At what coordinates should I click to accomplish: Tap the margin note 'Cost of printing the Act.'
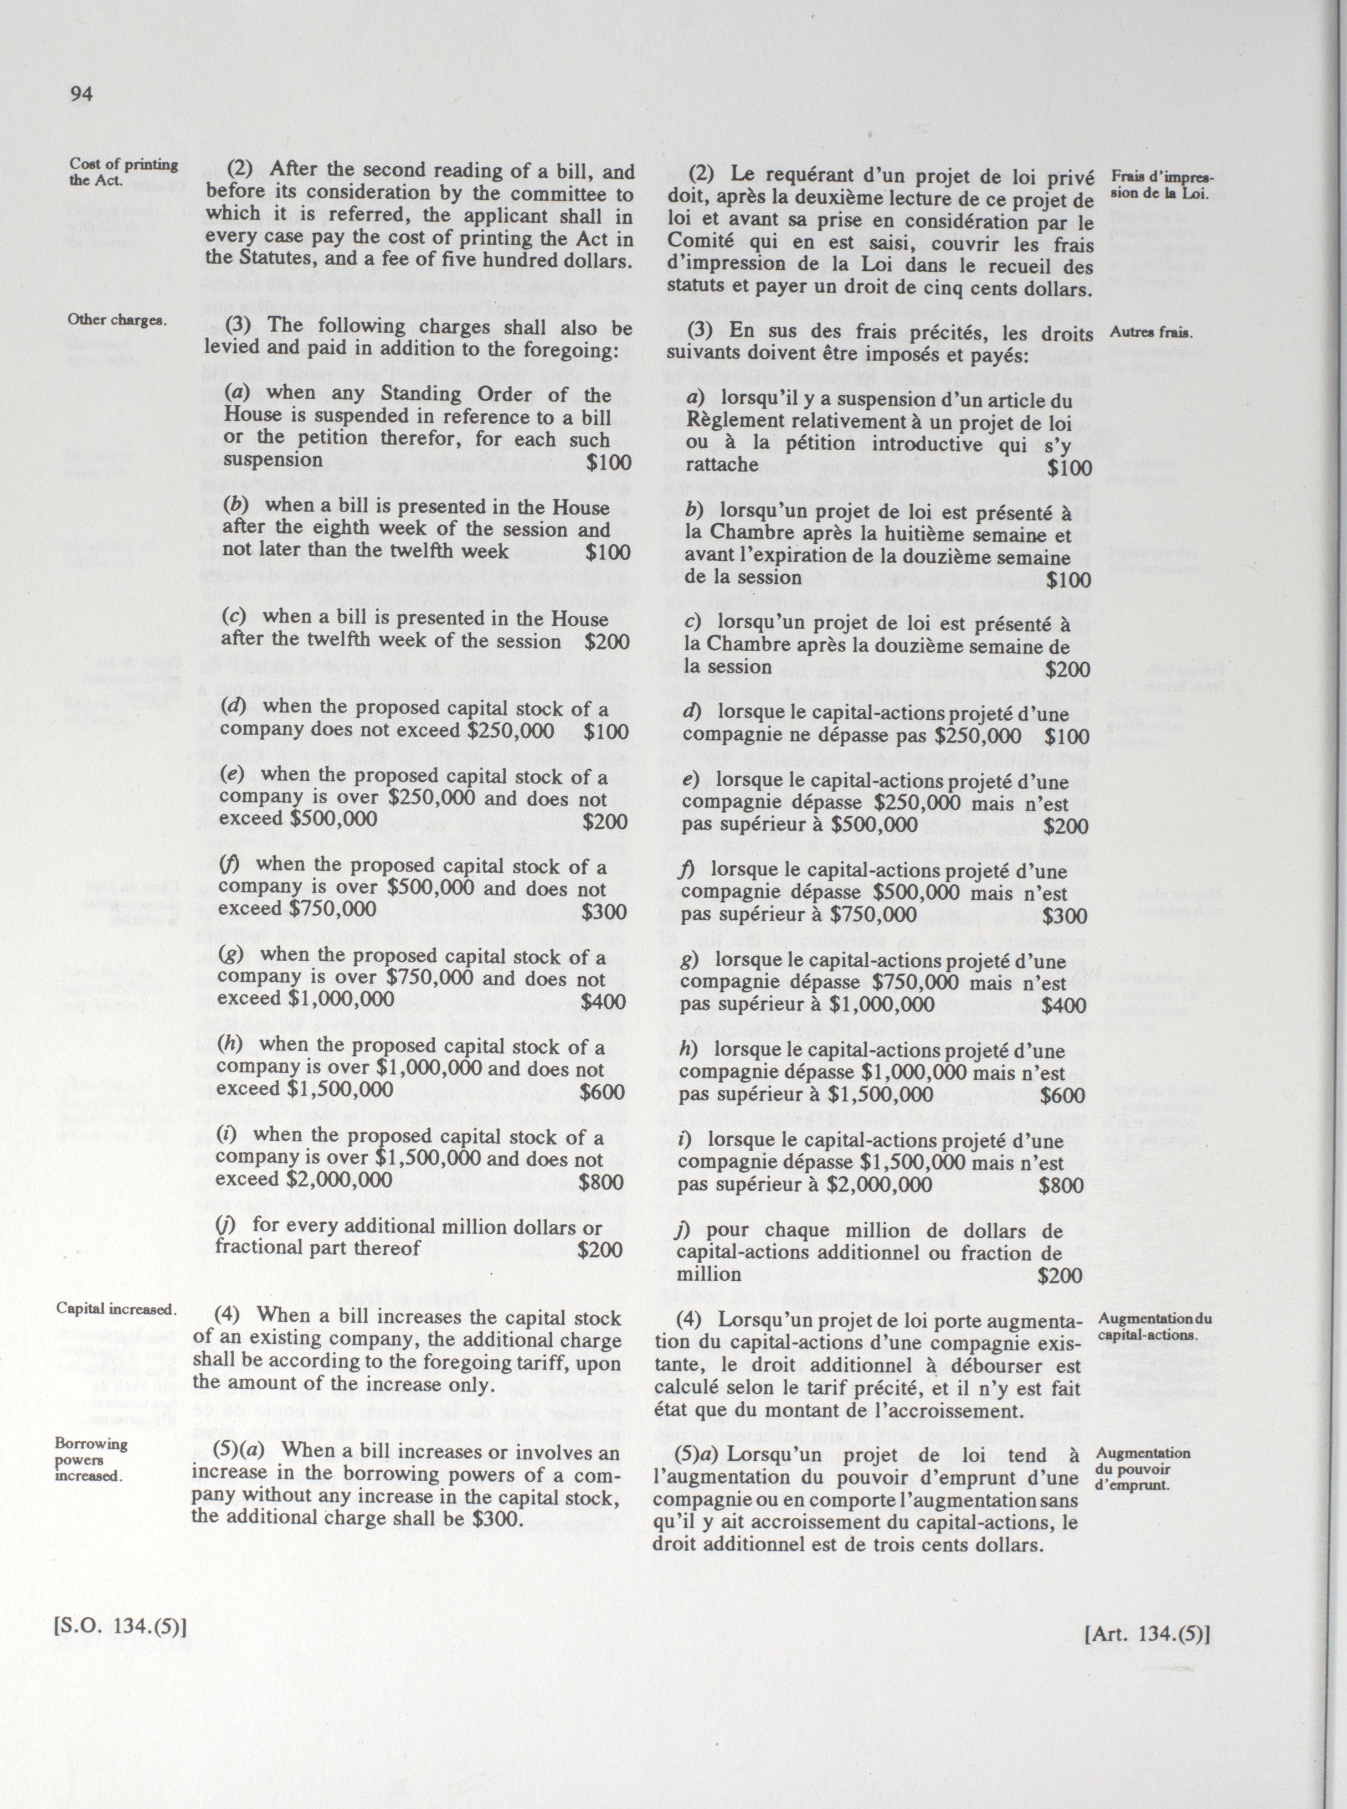click(x=123, y=172)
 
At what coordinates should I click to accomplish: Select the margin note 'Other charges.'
click(x=117, y=319)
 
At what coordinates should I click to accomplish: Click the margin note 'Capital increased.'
click(x=116, y=1308)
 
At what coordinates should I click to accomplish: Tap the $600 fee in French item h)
click(x=1063, y=1096)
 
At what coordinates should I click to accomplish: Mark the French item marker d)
click(x=693, y=712)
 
